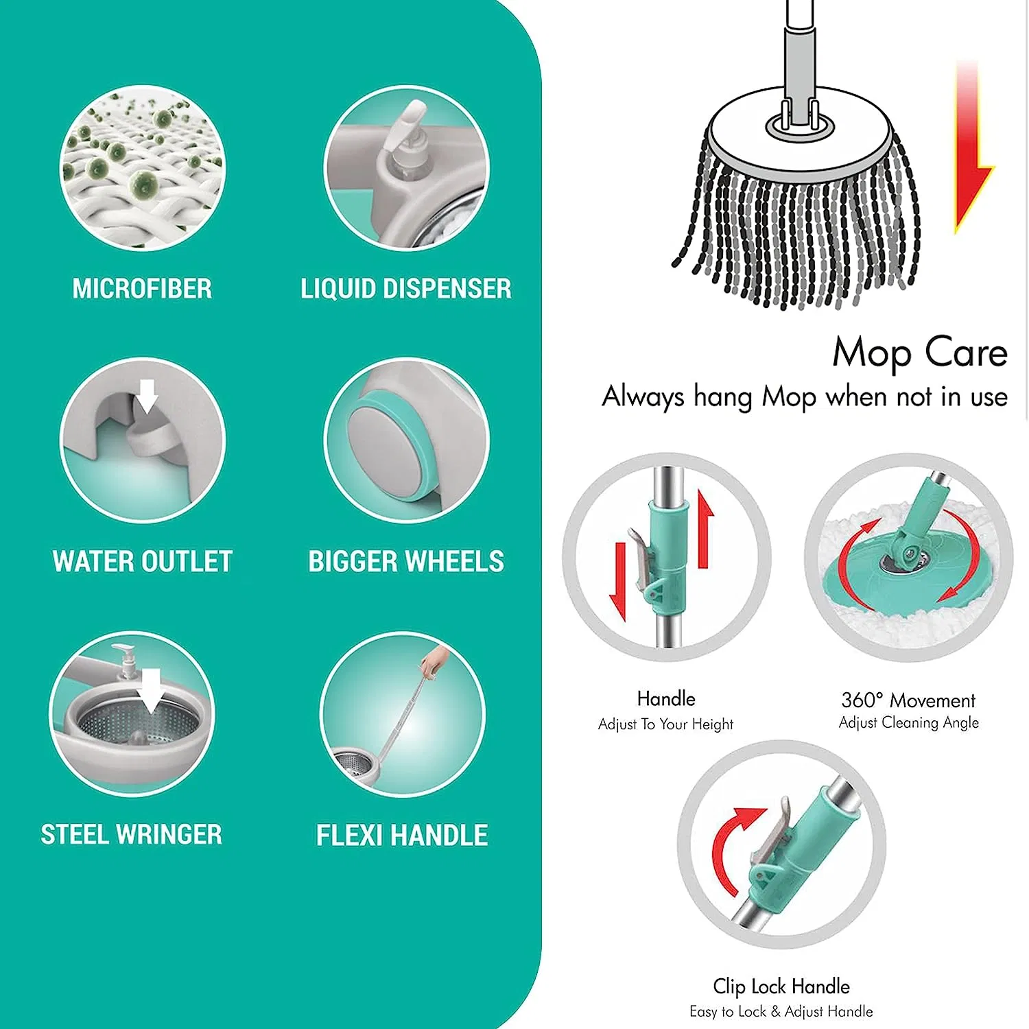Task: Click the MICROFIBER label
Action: tap(142, 289)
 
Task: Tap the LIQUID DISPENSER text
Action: tap(406, 289)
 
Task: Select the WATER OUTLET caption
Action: tap(143, 562)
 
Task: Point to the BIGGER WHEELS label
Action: tap(406, 562)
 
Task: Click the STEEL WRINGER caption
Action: tap(132, 835)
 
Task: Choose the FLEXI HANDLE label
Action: tap(402, 836)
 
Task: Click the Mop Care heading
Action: tap(920, 353)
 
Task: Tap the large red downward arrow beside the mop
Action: tap(973, 147)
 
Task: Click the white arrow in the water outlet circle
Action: tap(146, 397)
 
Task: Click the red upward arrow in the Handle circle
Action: tap(705, 529)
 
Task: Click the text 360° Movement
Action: tap(908, 700)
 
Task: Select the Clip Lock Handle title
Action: tap(781, 986)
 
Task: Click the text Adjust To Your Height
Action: tap(665, 724)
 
